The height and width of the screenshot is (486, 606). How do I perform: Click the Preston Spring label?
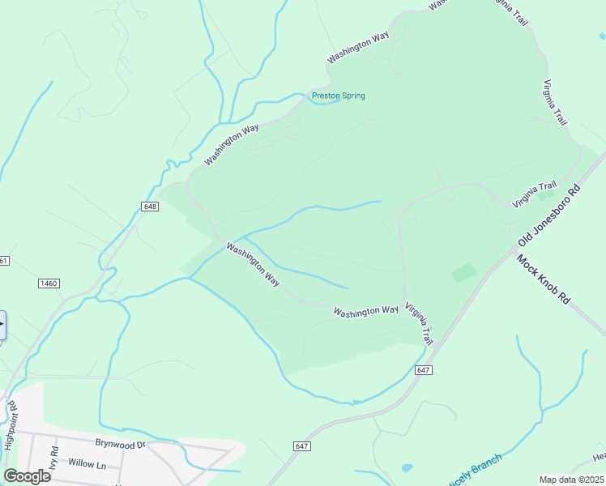click(x=339, y=96)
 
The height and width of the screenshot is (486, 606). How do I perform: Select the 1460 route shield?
click(x=49, y=283)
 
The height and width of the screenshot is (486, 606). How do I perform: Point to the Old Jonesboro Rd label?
click(x=550, y=217)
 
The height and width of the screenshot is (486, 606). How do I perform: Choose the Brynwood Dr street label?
click(x=119, y=444)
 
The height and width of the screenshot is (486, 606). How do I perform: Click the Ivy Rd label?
click(x=54, y=454)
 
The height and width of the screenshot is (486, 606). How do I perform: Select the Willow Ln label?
click(x=87, y=464)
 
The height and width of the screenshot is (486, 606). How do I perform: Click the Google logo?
click(x=27, y=476)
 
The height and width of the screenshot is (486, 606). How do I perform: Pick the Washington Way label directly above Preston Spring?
click(x=358, y=49)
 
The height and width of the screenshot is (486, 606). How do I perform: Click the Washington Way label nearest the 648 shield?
click(x=232, y=145)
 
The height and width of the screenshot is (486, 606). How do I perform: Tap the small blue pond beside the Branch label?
click(x=407, y=468)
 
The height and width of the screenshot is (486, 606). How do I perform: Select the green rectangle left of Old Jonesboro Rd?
click(x=464, y=272)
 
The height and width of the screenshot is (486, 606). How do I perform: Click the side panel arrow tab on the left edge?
click(x=2, y=325)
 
